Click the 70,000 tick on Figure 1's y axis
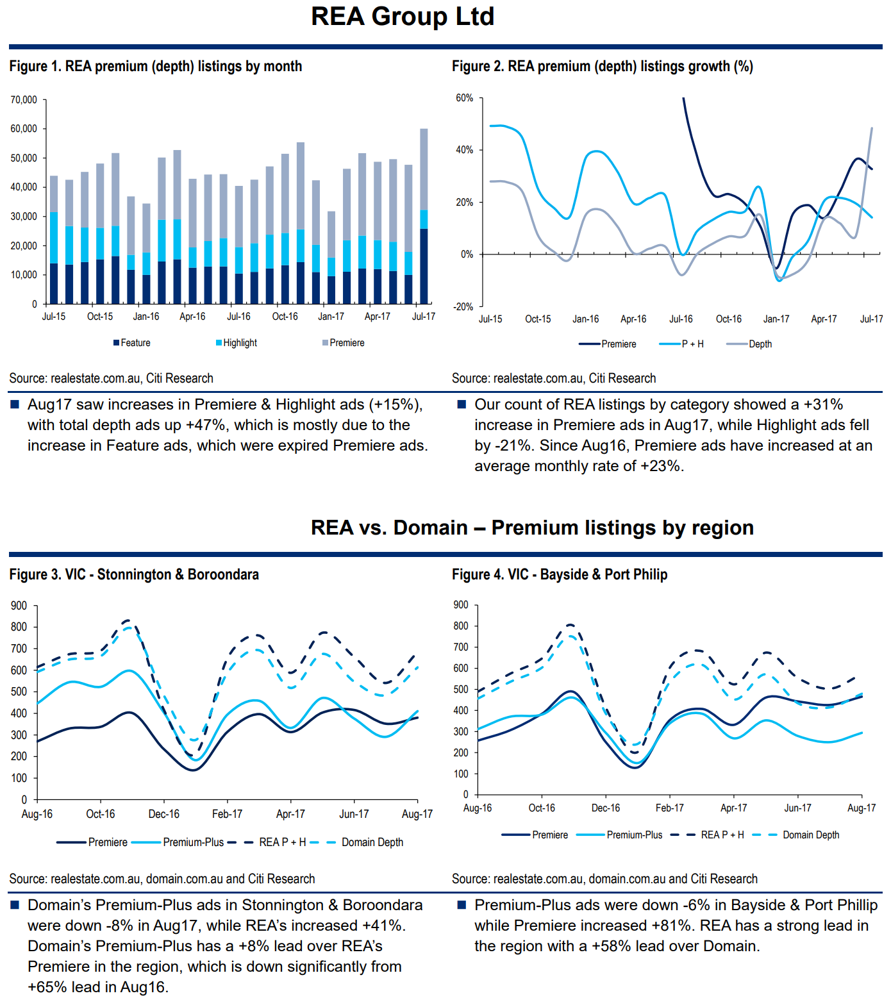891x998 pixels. (x=24, y=100)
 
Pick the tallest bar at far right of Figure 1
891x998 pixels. (x=424, y=216)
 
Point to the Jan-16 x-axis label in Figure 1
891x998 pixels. (x=146, y=317)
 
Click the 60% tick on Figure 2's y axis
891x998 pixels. (x=465, y=98)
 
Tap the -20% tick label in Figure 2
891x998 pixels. (x=463, y=307)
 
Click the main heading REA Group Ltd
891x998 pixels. (x=403, y=17)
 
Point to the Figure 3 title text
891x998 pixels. (x=134, y=574)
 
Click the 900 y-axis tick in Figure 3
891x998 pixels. (x=19, y=606)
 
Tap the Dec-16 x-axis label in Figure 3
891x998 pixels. (x=164, y=814)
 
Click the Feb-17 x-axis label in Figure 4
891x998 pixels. (x=670, y=808)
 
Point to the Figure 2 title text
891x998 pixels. (x=602, y=67)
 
